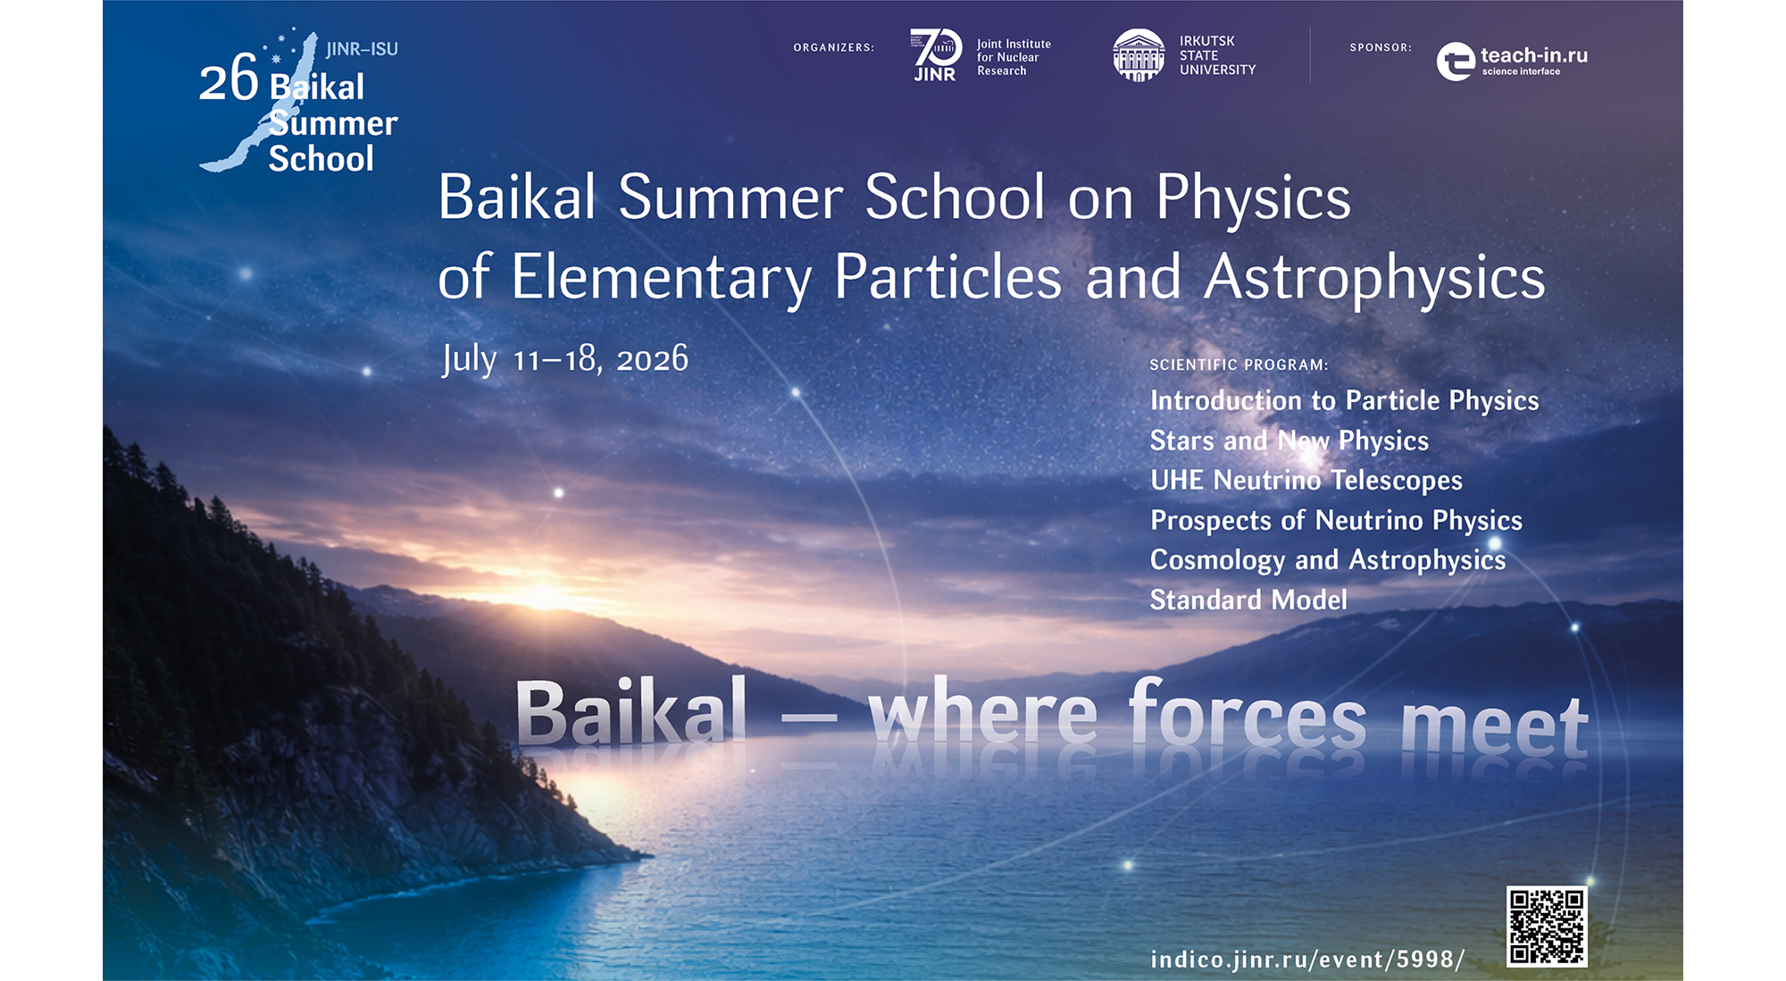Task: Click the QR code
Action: click(x=1547, y=926)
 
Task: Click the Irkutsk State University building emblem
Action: click(x=1139, y=54)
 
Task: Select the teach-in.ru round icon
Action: click(x=1456, y=62)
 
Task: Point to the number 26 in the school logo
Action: click(x=229, y=79)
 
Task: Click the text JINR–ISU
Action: click(x=362, y=49)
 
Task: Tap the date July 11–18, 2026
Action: click(x=565, y=359)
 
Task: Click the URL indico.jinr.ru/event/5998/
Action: click(x=1307, y=959)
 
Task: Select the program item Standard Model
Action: click(x=1248, y=599)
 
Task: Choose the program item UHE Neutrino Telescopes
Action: click(x=1306, y=480)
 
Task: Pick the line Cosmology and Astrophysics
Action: click(x=1328, y=560)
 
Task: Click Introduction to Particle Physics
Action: click(x=1345, y=400)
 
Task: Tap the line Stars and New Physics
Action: click(x=1289, y=440)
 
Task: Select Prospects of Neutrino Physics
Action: click(x=1336, y=520)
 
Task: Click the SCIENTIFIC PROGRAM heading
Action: click(x=1239, y=365)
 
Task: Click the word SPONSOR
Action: click(x=1381, y=47)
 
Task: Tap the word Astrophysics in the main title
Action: click(x=1374, y=278)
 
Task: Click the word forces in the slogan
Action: click(x=1248, y=713)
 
